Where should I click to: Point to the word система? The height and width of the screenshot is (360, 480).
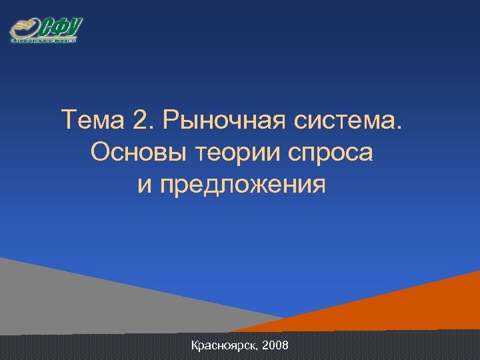coord(356,122)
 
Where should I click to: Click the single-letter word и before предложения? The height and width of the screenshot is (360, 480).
coord(145,185)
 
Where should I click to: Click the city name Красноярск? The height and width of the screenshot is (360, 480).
coord(223,346)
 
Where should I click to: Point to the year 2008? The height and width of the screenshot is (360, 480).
coord(276,345)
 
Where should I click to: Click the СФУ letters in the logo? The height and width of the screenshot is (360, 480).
coord(61,27)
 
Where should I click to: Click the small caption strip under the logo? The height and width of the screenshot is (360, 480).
coord(44,41)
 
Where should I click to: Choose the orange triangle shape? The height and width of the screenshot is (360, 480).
coord(427,307)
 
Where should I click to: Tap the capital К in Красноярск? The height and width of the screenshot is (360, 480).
coord(194,345)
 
